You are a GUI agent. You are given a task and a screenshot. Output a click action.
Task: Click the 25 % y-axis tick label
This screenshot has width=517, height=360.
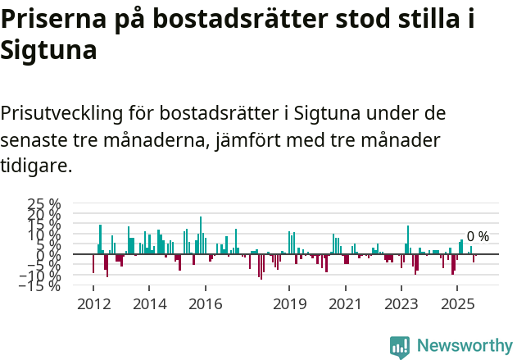pyautogui.click(x=44, y=203)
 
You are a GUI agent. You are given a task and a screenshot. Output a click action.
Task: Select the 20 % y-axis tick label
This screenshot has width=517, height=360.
pyautogui.click(x=44, y=214)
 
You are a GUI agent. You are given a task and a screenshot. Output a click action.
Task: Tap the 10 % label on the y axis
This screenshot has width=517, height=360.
pyautogui.click(x=44, y=235)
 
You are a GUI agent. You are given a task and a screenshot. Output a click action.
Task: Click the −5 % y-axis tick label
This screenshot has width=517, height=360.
pyautogui.click(x=44, y=265)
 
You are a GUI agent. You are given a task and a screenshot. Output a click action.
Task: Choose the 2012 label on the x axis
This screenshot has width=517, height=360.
pyautogui.click(x=93, y=304)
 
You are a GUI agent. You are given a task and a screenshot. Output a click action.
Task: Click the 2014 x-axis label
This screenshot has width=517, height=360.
pyautogui.click(x=148, y=304)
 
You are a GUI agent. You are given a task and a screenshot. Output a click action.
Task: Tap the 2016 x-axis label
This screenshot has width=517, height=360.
pyautogui.click(x=205, y=304)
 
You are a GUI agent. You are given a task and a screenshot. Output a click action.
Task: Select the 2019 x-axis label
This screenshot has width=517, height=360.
pyautogui.click(x=289, y=304)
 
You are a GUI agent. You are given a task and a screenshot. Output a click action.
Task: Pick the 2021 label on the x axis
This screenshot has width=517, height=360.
pyautogui.click(x=345, y=304)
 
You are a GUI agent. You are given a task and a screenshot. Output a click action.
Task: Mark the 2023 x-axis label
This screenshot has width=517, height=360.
pyautogui.click(x=401, y=304)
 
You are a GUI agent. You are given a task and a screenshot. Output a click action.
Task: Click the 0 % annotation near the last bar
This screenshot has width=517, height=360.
pyautogui.click(x=478, y=237)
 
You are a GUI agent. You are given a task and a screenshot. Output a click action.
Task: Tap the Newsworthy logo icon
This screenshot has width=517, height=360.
pyautogui.click(x=400, y=346)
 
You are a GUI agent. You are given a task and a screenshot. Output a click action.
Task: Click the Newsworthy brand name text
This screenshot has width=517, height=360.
pyautogui.click(x=464, y=346)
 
